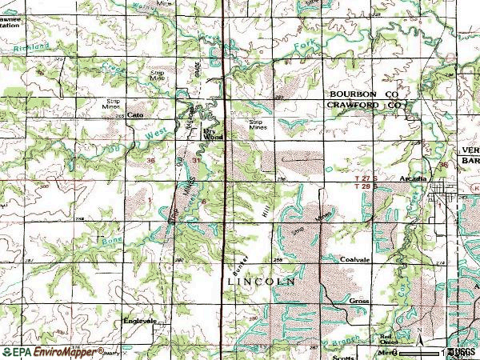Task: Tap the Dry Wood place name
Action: pos(211,133)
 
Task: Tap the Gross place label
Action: pos(358,301)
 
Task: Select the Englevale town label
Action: pos(138,321)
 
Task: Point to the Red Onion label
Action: pos(388,338)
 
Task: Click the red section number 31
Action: pos(198,160)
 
